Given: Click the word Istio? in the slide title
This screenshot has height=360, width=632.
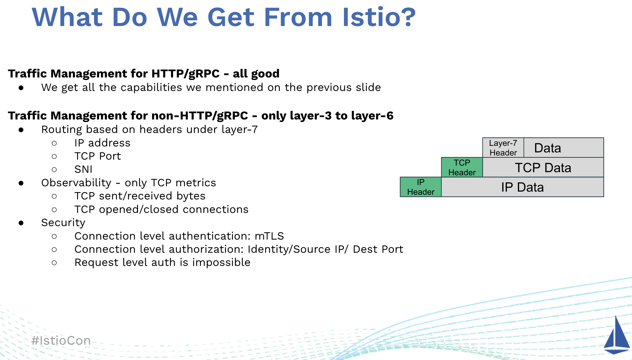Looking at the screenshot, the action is pyautogui.click(x=379, y=17).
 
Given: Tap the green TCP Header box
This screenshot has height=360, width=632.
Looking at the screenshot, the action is pyautogui.click(x=462, y=167).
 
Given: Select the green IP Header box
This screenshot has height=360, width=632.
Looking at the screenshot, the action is pyautogui.click(x=421, y=187).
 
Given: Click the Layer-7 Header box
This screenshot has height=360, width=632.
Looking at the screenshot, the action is pyautogui.click(x=503, y=148).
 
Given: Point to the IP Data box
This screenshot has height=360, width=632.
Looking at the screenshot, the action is pyautogui.click(x=523, y=187).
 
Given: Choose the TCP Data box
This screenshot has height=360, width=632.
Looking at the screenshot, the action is pyautogui.click(x=543, y=167).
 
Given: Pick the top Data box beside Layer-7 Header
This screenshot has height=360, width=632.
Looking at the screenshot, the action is pyautogui.click(x=564, y=148).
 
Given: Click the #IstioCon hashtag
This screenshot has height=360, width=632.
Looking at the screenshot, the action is pyautogui.click(x=61, y=341).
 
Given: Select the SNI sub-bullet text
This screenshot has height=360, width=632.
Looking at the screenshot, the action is pyautogui.click(x=83, y=169).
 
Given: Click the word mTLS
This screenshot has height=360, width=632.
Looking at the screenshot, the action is pyautogui.click(x=269, y=236).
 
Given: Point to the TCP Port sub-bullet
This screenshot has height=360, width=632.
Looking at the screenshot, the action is pyautogui.click(x=97, y=156).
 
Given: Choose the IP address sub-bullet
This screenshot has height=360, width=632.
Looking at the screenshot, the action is pyautogui.click(x=102, y=143).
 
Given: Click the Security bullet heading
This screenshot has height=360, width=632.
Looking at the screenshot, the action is pyautogui.click(x=63, y=223).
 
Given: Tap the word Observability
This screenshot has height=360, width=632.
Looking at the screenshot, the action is pyautogui.click(x=76, y=183).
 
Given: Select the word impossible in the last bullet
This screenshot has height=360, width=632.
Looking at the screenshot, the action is pyautogui.click(x=221, y=262).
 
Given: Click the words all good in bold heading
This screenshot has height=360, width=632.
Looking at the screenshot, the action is pyautogui.click(x=256, y=74).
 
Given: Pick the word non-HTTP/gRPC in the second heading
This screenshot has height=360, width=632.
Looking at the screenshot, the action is pyautogui.click(x=200, y=116).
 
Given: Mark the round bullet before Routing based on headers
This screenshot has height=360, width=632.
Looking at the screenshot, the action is pyautogui.click(x=21, y=130).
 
